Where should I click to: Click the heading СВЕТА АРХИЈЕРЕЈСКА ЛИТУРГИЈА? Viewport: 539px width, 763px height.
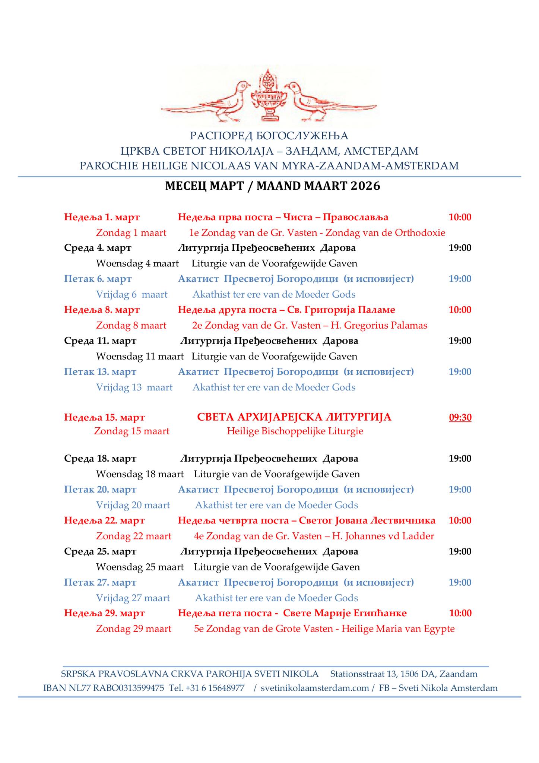[294, 417]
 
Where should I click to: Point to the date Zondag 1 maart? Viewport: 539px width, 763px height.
[131, 233]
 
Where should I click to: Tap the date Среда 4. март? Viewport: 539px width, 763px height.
[98, 248]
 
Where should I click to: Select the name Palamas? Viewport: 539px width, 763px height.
[409, 325]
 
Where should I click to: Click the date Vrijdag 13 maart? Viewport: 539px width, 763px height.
[134, 387]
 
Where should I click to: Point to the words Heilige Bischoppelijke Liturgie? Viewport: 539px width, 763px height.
[295, 431]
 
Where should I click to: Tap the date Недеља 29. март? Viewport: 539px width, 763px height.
[104, 613]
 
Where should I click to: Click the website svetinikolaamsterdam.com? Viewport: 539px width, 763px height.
[315, 688]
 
